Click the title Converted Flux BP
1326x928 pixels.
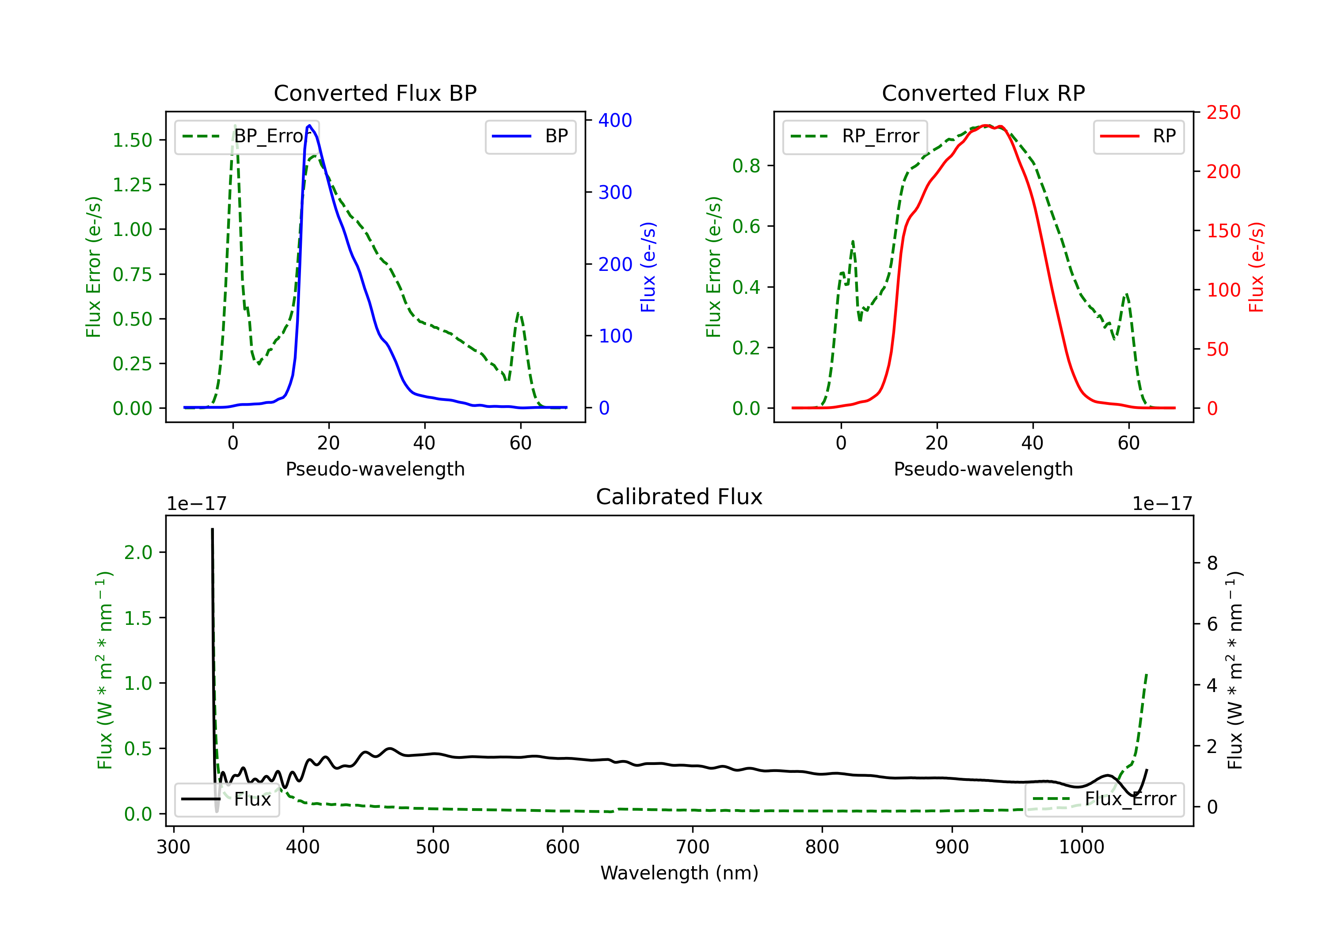[x=375, y=93]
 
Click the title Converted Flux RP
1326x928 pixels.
[x=983, y=93]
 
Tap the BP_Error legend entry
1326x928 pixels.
[x=247, y=136]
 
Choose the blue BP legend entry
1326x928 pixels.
[x=530, y=136]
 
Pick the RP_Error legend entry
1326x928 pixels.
[x=855, y=136]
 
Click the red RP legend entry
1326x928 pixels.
[x=1138, y=136]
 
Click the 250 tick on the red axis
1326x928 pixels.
[x=1223, y=113]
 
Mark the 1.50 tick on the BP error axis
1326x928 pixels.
[x=132, y=141]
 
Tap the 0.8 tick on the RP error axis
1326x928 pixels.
[x=746, y=166]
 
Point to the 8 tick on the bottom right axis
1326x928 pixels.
[x=1212, y=563]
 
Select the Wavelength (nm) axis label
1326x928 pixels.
[x=679, y=873]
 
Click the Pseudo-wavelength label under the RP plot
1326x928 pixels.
[x=983, y=469]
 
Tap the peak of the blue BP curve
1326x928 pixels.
[x=309, y=126]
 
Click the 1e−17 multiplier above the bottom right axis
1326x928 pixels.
[x=1162, y=504]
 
